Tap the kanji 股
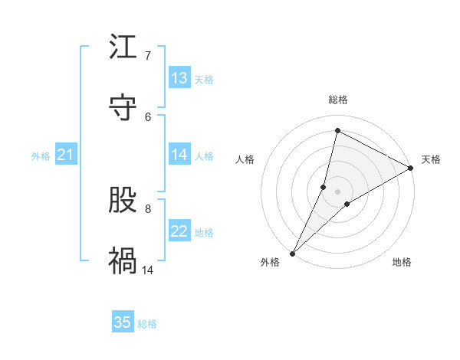coord(123,201)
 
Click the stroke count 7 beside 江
coord(148,56)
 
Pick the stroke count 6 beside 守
coord(148,116)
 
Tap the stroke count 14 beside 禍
coord(148,270)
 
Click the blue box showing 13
coord(179,78)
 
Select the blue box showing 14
coord(179,155)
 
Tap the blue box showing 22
coord(179,231)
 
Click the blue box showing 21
coord(66,155)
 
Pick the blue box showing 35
coord(123,322)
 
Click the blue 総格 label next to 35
coord(147,324)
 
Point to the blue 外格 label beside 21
coord(41,156)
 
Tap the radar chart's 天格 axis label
coord(431,159)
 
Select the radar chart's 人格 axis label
coord(245,159)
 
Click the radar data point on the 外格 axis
coord(292,253)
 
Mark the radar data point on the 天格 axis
coord(411,169)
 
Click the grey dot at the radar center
coord(337,191)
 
